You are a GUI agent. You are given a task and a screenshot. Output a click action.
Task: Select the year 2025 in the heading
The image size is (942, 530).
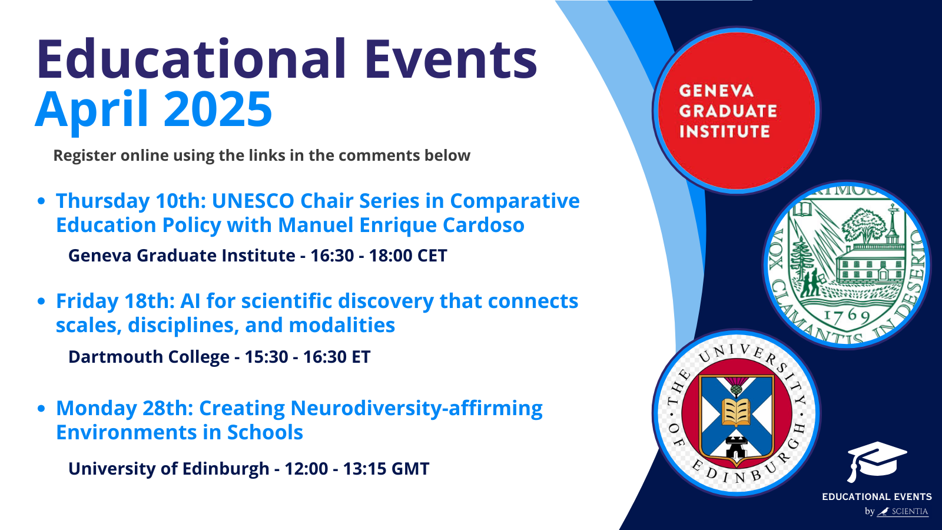(218, 110)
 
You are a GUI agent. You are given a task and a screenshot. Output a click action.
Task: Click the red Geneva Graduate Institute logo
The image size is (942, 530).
(736, 111)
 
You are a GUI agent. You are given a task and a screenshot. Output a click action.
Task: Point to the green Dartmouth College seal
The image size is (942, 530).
(847, 265)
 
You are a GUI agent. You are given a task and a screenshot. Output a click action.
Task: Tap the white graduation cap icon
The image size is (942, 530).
(876, 459)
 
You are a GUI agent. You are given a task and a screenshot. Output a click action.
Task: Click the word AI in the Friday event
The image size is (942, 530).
(190, 301)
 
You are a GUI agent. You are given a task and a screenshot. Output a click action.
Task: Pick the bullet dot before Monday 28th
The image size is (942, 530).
(41, 408)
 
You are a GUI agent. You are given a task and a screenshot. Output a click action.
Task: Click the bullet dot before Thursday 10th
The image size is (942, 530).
(41, 201)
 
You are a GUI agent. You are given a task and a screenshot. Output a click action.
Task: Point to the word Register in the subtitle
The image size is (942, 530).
(84, 155)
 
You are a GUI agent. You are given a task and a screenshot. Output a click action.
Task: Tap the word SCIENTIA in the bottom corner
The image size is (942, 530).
(910, 512)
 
